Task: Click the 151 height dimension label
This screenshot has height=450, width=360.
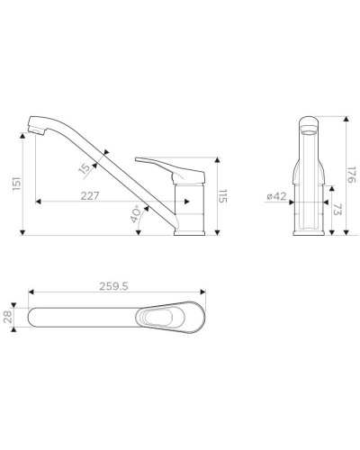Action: tap(17, 184)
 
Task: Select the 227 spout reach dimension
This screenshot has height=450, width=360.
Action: tap(90, 196)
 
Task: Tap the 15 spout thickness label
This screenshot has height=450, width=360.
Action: tap(85, 168)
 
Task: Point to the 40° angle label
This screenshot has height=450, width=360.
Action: tap(136, 214)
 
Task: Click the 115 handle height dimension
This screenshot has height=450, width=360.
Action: tap(222, 195)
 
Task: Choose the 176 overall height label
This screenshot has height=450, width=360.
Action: tap(351, 175)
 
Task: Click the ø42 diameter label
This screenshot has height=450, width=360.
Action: tap(276, 196)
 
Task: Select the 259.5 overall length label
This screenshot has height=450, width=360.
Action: tap(113, 286)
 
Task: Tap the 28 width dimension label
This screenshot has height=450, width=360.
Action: tap(8, 317)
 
